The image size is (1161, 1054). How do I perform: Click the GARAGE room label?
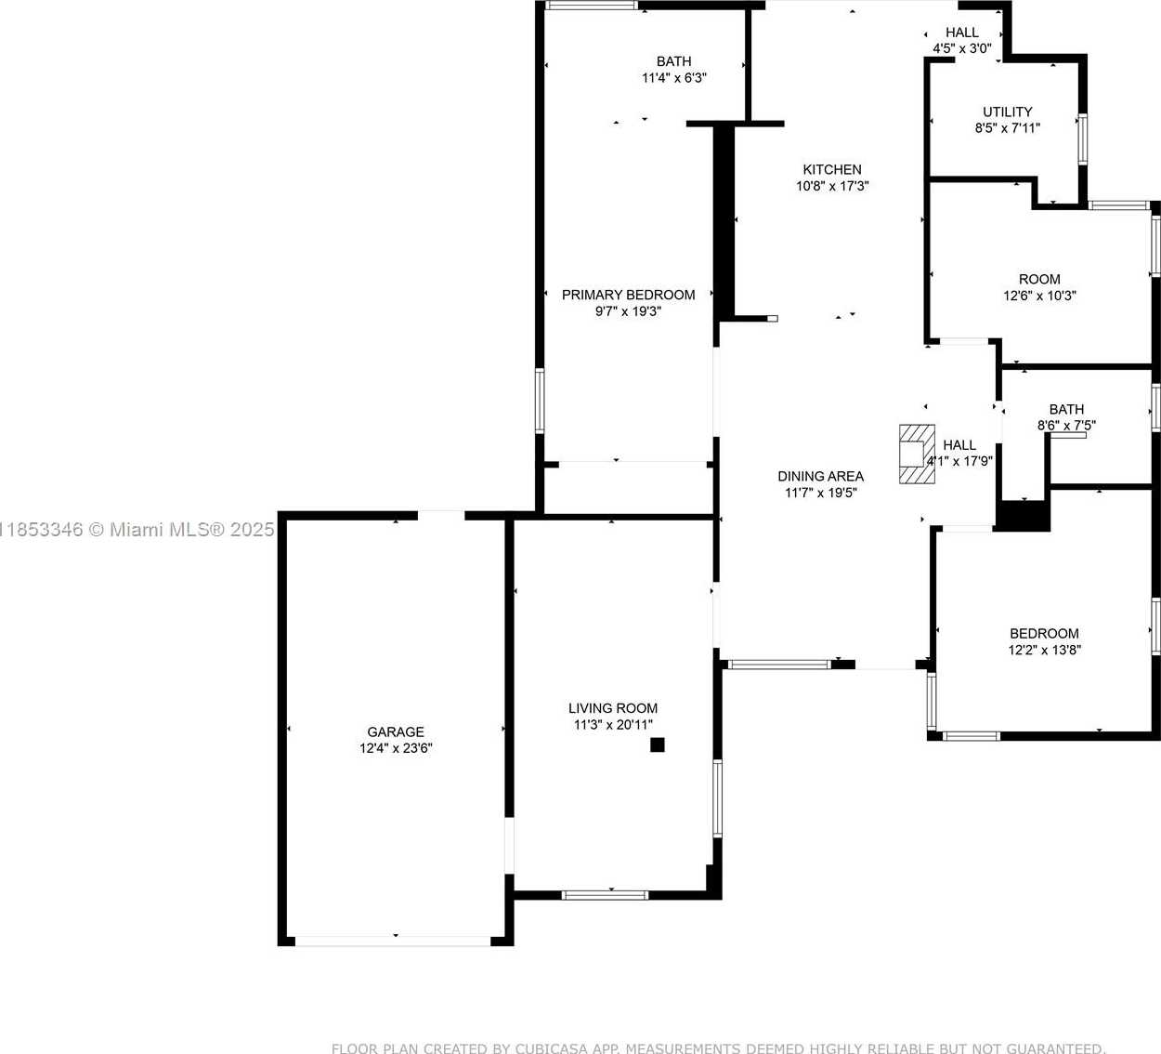(396, 731)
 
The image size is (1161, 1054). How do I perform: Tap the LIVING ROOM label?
(613, 708)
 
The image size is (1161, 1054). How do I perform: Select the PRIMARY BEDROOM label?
(629, 295)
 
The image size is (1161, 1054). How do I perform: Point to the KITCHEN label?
(832, 170)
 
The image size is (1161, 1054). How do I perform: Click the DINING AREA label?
(821, 476)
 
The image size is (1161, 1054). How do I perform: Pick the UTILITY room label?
(1008, 112)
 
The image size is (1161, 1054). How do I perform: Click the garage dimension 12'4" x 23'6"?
(396, 748)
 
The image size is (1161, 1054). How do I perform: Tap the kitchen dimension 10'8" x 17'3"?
(832, 186)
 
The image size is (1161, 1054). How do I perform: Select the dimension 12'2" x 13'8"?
(1045, 650)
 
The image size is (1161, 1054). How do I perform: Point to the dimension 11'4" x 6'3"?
(674, 78)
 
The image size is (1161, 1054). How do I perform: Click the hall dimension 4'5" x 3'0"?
(962, 48)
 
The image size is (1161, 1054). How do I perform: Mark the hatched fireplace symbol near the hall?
(917, 455)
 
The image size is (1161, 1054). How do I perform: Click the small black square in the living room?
(657, 744)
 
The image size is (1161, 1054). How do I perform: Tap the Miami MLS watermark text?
(137, 530)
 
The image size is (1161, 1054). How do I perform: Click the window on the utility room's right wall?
(1082, 139)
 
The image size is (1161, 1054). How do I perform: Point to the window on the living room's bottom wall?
(605, 895)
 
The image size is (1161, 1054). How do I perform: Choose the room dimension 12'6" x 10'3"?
(1039, 296)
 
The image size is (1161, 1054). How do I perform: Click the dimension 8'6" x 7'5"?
(1066, 426)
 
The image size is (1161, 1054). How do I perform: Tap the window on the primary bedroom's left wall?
(540, 401)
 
